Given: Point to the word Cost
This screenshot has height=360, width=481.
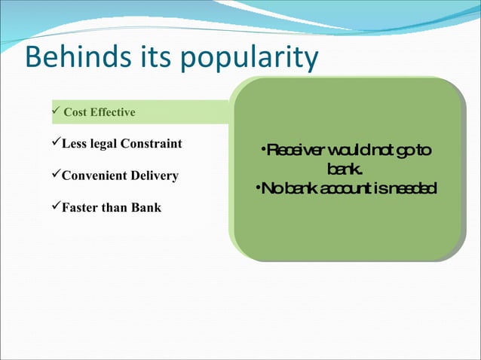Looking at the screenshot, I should point(75,113).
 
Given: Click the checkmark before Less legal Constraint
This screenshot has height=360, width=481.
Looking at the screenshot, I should point(55,143).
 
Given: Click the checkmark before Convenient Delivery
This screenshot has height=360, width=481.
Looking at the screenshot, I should point(55,175).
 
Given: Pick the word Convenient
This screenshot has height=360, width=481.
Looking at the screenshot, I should point(93,176).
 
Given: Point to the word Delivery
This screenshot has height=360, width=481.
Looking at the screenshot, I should point(154,176).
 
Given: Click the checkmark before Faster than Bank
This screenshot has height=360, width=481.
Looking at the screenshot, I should point(55,207).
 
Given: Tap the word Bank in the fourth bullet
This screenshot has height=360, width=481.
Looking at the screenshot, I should point(146,208).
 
